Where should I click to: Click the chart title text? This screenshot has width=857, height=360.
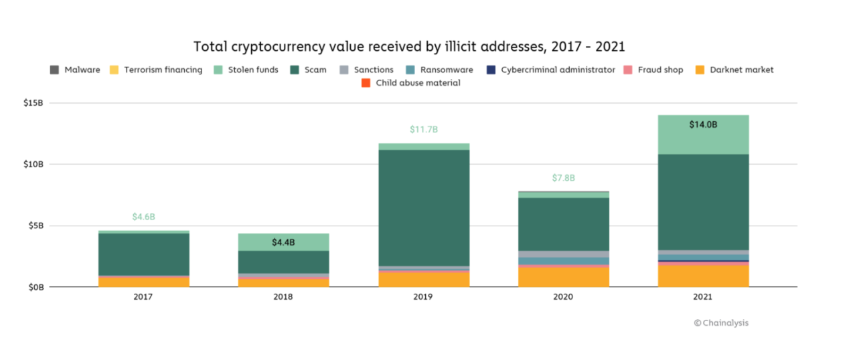pos(408,47)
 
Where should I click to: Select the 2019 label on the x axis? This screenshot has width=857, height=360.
pos(423,296)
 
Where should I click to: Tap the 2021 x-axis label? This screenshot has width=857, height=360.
pos(703,296)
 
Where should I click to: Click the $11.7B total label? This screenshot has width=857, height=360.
pos(423,129)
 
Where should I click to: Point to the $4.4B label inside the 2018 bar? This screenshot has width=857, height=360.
pos(283,242)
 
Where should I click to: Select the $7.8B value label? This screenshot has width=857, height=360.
pos(563,178)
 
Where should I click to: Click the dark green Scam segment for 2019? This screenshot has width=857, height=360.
pos(423,207)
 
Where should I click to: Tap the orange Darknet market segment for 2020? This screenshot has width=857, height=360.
pos(563,277)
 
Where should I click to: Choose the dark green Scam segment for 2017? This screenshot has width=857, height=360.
pos(143,254)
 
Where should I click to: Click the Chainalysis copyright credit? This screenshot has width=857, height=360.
pos(721,323)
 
